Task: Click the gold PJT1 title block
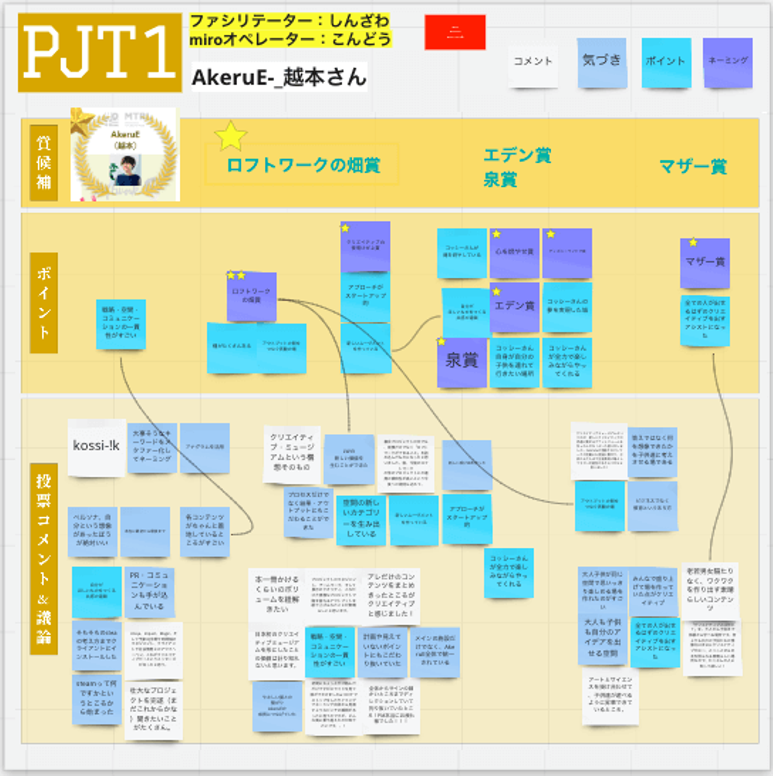point(100,53)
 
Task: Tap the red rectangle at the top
point(455,32)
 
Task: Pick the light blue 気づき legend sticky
point(602,62)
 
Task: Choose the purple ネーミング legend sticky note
point(727,62)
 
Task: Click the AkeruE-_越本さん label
point(279,77)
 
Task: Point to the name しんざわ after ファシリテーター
point(359,21)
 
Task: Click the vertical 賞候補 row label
point(43,163)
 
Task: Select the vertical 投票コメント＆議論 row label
point(43,559)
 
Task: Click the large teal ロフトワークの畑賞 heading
point(303,165)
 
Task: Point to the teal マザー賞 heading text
point(693,166)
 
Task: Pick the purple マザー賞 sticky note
point(705,263)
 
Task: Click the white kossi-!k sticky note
point(97,447)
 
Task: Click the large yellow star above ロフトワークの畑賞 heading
point(230,136)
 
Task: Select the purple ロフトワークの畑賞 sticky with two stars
point(251,297)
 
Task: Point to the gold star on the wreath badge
point(81,121)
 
